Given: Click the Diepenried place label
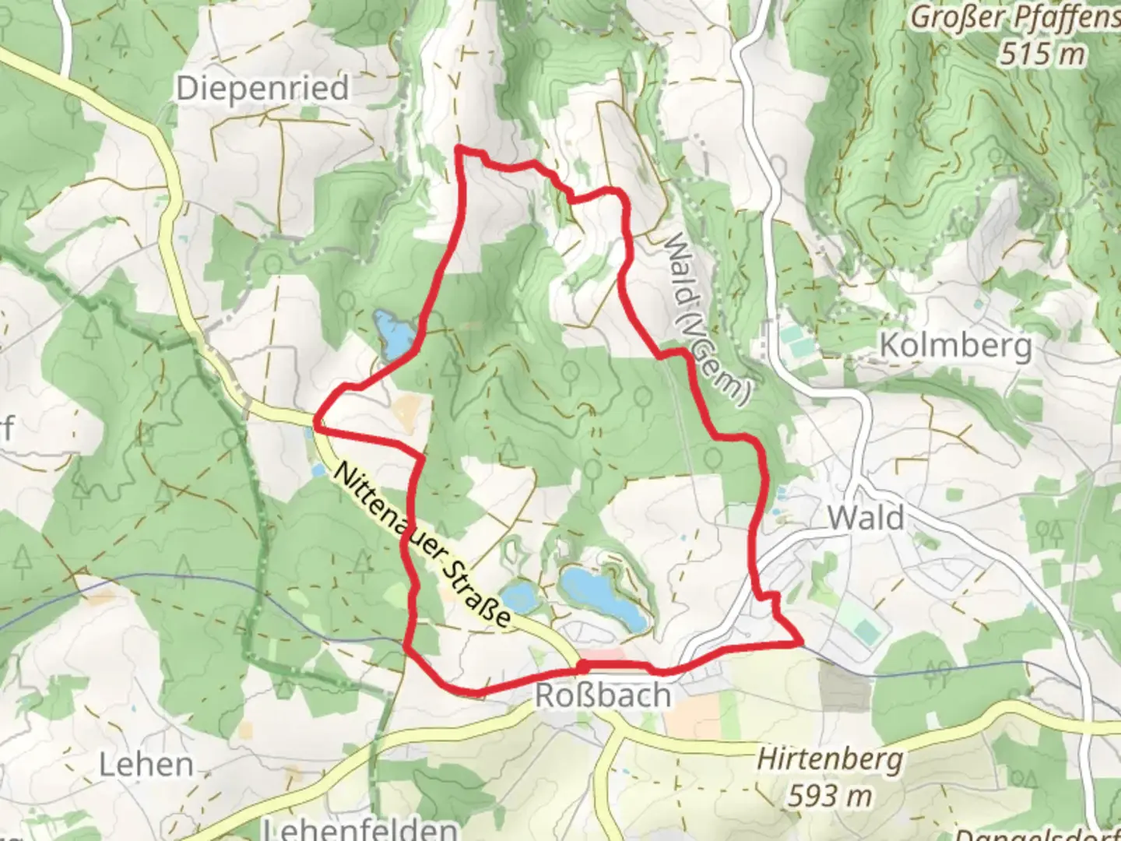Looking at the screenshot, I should click(x=262, y=88).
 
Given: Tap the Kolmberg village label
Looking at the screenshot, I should click(x=955, y=345).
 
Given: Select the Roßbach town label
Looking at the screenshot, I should click(x=603, y=695).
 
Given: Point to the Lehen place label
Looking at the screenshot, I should click(x=146, y=764).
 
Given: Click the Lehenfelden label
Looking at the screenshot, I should click(x=359, y=828).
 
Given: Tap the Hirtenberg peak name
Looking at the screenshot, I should click(x=829, y=758).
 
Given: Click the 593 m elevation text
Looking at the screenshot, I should click(x=829, y=795).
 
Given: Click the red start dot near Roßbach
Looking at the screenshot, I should click(x=582, y=667).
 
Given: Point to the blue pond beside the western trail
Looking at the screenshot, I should click(x=392, y=334).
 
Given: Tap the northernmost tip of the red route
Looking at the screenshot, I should click(x=459, y=146).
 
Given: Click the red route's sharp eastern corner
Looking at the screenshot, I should click(x=800, y=642).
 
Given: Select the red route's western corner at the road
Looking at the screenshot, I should click(x=315, y=424).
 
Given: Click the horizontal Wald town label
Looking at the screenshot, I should click(x=866, y=517).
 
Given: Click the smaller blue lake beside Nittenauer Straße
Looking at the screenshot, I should click(x=518, y=596).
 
